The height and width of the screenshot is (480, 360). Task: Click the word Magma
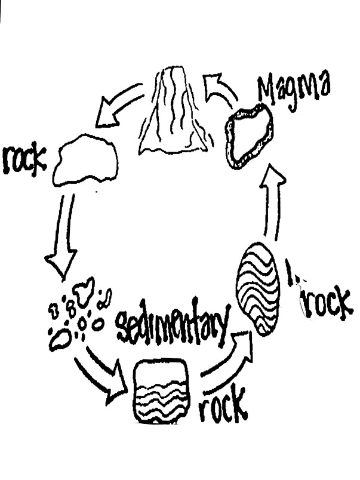[x=293, y=88]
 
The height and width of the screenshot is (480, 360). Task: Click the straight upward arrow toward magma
[x=274, y=203]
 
